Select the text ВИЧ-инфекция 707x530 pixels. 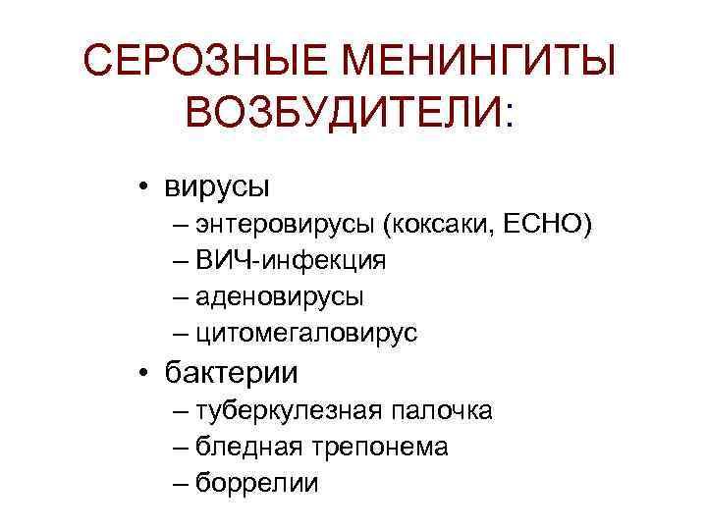[x=291, y=260]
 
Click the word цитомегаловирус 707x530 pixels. [x=306, y=334]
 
